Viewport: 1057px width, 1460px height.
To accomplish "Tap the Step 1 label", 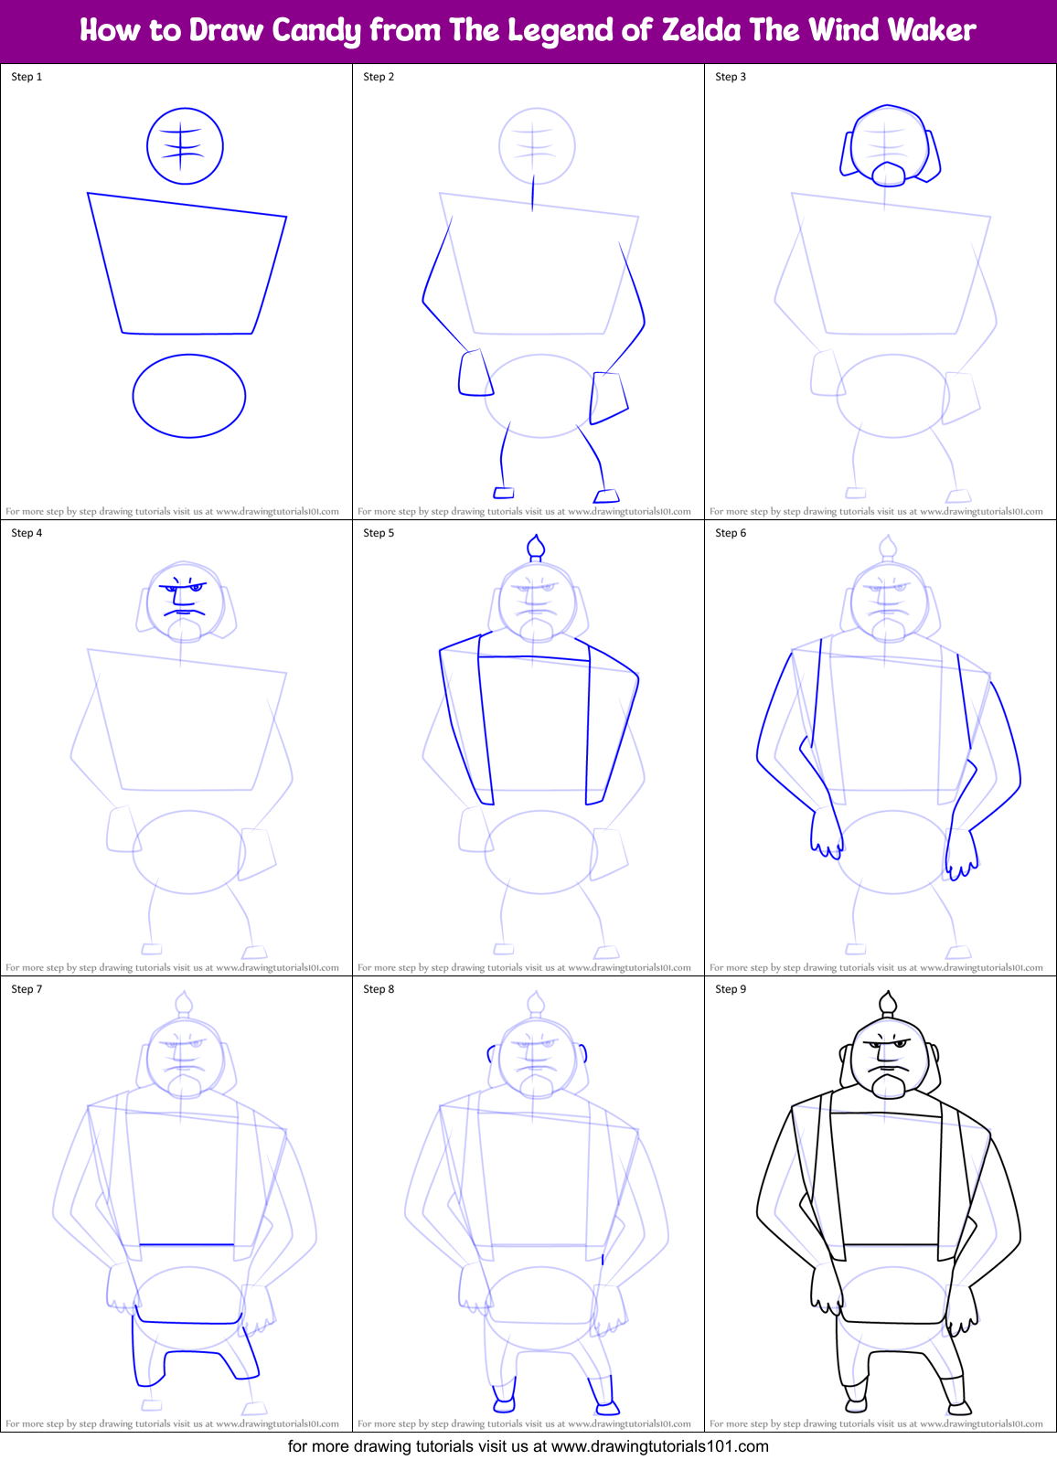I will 27,77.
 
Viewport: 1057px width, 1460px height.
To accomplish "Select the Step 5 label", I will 379,533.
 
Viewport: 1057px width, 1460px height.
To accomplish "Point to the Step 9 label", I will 731,989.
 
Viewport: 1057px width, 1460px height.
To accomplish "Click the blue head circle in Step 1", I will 185,145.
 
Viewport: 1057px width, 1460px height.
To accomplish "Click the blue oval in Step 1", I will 189,396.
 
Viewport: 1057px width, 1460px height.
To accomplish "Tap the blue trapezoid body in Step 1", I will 187,265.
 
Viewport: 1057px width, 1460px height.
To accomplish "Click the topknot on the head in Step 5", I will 537,547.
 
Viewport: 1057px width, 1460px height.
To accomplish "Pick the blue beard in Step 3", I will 889,174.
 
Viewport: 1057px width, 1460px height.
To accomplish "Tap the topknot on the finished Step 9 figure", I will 887,1004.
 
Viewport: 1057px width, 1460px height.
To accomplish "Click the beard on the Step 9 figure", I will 889,1085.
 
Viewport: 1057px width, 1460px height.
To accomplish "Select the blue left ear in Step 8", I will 491,1053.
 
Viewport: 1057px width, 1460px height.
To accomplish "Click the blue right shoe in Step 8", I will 606,1406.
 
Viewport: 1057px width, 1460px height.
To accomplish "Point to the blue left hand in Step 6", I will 826,834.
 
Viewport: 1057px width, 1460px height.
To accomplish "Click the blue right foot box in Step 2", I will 606,496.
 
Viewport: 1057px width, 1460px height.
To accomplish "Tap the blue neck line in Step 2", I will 533,193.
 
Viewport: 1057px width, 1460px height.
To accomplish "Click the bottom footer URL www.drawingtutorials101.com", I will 659,1446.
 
